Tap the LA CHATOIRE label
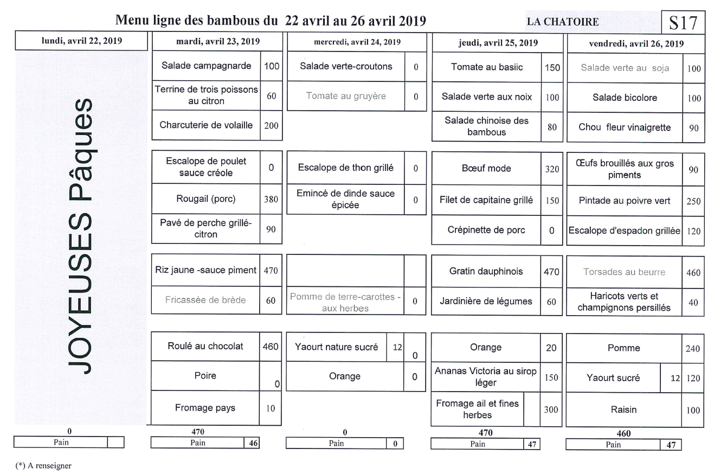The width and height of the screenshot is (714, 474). [x=563, y=22]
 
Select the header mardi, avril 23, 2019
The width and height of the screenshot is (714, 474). [x=218, y=42]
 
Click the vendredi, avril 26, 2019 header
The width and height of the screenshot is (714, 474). [x=635, y=43]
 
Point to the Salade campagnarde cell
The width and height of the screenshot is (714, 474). [x=207, y=66]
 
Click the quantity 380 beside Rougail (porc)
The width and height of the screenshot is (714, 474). [x=271, y=199]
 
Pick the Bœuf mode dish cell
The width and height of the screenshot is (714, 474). [x=487, y=169]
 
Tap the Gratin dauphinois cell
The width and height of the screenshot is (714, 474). [x=486, y=271]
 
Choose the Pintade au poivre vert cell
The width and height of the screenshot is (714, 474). [x=625, y=201]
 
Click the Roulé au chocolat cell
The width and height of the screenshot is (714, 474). [x=206, y=346]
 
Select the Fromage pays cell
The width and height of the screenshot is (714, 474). [x=206, y=408]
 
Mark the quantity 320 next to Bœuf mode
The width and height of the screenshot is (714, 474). [x=551, y=169]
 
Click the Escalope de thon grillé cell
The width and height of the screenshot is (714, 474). [x=346, y=168]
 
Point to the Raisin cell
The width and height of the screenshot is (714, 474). [x=625, y=410]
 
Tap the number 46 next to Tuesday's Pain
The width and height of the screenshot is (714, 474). [x=252, y=443]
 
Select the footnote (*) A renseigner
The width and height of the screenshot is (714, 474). [x=44, y=465]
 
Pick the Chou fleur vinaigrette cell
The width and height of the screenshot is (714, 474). [x=625, y=128]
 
